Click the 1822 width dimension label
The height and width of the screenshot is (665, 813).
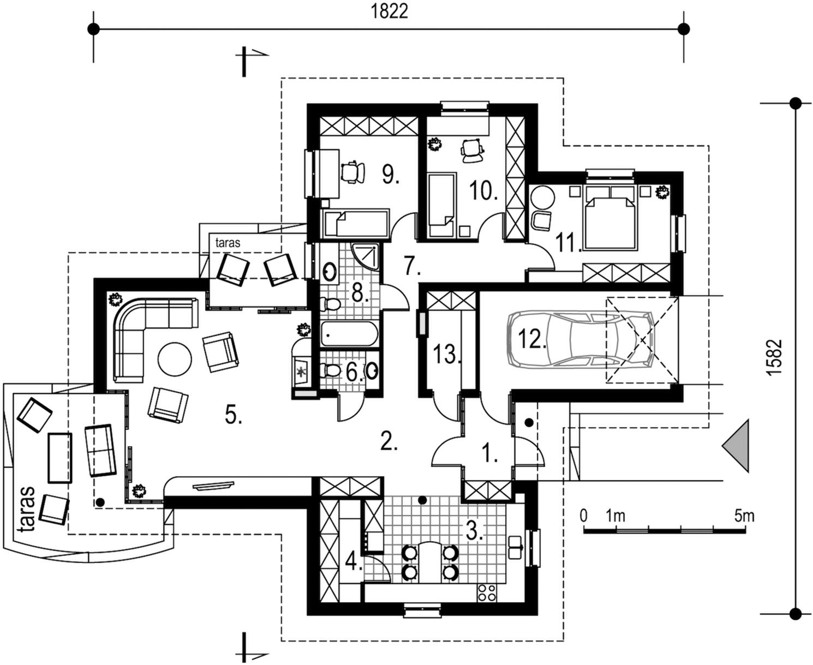pyautogui.click(x=389, y=11)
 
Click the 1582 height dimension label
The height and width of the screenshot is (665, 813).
pyautogui.click(x=774, y=357)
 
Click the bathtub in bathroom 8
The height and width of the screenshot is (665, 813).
pyautogui.click(x=349, y=334)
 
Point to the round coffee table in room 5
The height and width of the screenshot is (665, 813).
pyautogui.click(x=175, y=360)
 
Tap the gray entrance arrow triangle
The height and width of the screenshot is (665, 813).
pyautogui.click(x=736, y=446)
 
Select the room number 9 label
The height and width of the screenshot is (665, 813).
pyautogui.click(x=391, y=174)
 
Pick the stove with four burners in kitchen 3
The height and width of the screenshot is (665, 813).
pyautogui.click(x=487, y=593)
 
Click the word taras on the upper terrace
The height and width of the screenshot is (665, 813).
pyautogui.click(x=228, y=242)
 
